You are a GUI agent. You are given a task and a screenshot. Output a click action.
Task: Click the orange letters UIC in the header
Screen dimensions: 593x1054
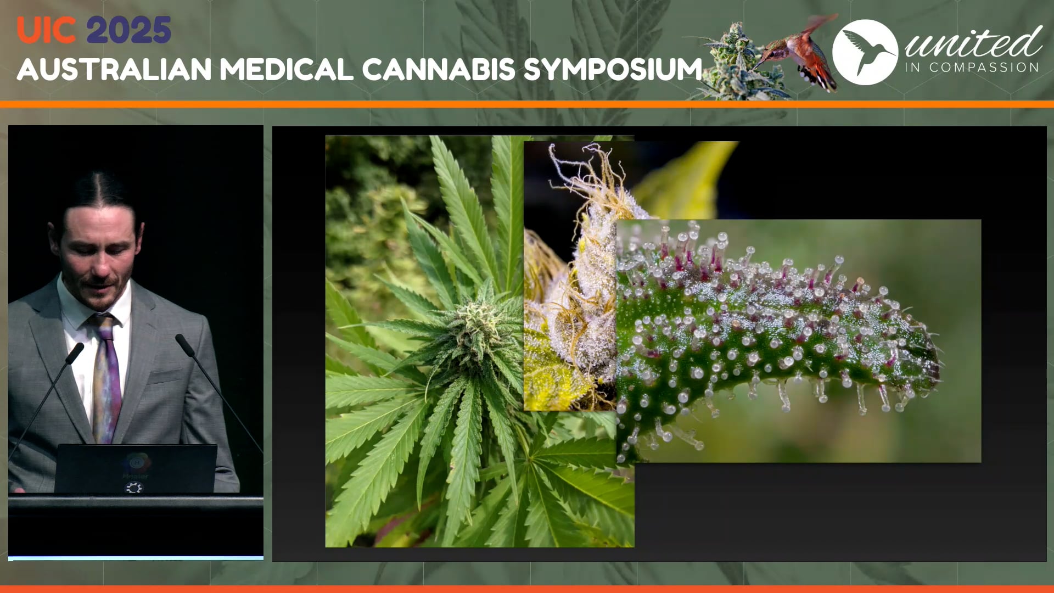[46, 30]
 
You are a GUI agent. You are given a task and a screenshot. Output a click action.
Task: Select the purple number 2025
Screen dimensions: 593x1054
[128, 30]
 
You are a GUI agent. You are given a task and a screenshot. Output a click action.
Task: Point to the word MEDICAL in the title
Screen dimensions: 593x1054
[286, 70]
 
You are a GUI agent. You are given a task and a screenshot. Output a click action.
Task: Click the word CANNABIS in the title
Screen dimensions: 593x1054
[438, 70]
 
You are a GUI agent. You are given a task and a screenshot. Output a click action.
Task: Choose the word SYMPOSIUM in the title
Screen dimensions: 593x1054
[613, 70]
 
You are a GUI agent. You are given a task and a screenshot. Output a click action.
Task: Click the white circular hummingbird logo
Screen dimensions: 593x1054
[865, 52]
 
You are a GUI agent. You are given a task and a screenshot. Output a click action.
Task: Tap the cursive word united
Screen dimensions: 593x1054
[973, 43]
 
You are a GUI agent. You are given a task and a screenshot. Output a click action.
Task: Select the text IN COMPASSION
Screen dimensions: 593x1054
[972, 68]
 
